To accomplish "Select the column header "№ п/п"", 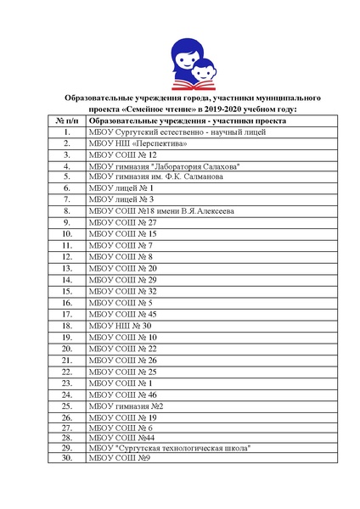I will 65,121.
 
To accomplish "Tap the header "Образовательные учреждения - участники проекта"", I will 187,121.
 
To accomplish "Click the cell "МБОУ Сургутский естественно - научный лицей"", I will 177,133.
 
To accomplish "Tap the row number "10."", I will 65,232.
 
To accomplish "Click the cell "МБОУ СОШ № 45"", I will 122,314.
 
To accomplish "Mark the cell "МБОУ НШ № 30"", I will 120,325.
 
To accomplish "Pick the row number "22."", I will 65,372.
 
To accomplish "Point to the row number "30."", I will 65,458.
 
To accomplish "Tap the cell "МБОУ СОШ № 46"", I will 122,394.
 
